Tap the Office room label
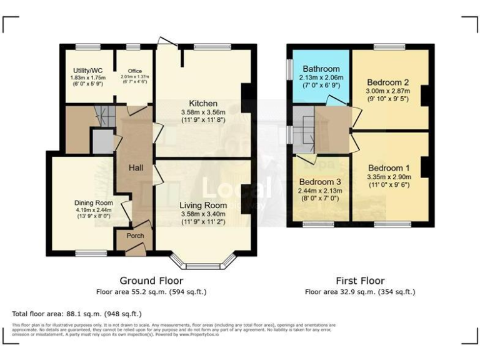coord(134,71)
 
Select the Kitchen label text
coord(203,103)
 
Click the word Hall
coord(136,168)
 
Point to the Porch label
coord(135,236)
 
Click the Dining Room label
coord(93,202)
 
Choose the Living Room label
coord(203,205)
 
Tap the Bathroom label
coord(321,69)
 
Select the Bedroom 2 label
coord(387,82)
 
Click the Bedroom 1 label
coord(389,167)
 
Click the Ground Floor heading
coord(151,281)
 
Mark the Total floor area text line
coord(77,314)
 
